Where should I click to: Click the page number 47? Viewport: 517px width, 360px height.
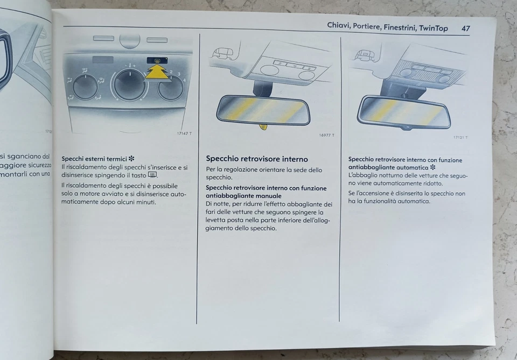(465, 28)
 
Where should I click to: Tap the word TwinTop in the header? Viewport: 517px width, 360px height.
(434, 28)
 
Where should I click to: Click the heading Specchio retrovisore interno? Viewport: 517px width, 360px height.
(257, 159)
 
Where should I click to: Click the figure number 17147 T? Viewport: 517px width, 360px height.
(184, 133)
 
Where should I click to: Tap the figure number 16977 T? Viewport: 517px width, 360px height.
(326, 135)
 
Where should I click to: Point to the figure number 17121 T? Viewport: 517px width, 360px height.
(460, 137)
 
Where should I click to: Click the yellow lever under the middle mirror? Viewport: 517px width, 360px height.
(263, 127)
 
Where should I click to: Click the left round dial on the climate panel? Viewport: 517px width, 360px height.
(85, 87)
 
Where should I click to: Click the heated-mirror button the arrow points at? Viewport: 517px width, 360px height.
(156, 61)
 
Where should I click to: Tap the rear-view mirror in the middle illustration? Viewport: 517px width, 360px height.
(263, 110)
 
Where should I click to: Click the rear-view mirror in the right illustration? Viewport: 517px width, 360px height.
(403, 112)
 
